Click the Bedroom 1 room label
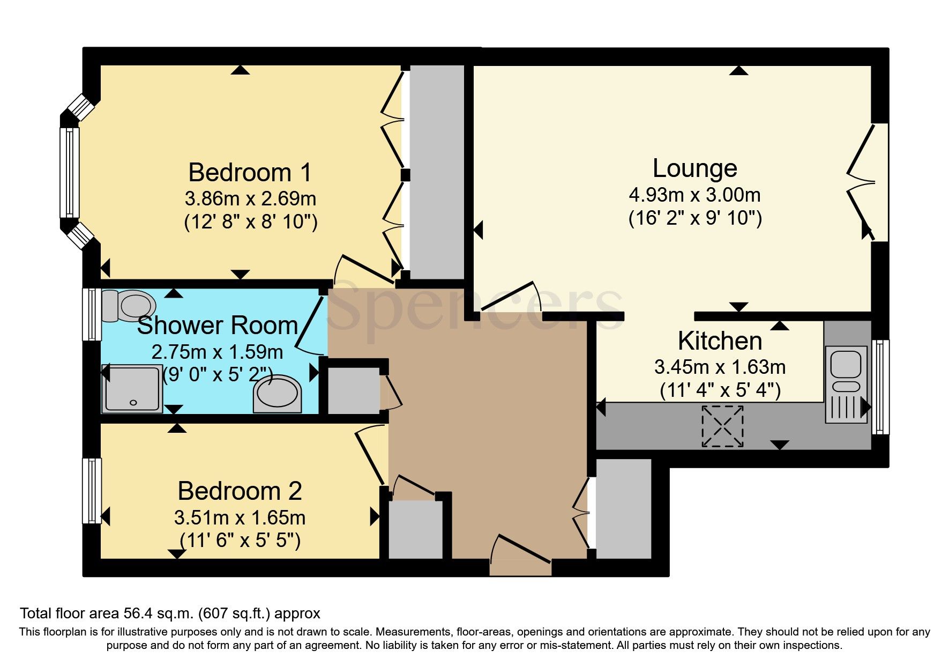click(250, 173)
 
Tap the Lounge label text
click(694, 168)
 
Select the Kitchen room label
click(720, 341)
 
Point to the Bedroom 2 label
click(240, 491)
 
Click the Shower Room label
click(217, 326)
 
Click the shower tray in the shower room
click(132, 389)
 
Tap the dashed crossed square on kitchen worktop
click(722, 426)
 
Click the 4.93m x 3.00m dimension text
click(694, 195)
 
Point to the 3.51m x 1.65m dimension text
click(240, 518)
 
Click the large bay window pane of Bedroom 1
click(70, 173)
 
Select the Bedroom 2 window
click(92, 490)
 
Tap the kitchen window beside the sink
click(880, 387)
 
